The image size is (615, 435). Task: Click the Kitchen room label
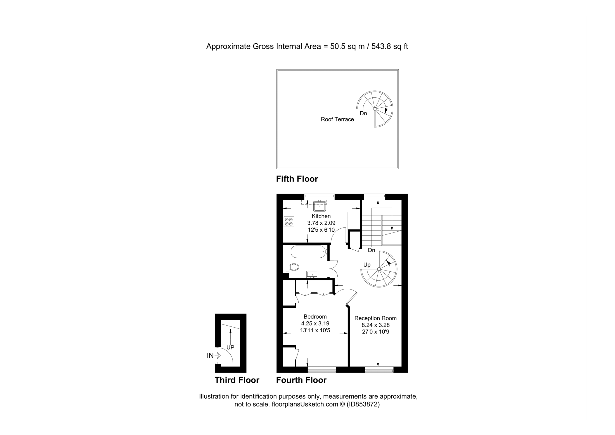321,216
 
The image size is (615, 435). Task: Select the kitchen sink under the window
320,206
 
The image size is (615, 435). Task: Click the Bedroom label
315,316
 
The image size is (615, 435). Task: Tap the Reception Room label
375,318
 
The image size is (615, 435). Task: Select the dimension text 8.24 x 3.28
375,325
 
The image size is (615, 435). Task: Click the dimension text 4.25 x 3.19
315,323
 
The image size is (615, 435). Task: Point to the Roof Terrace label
337,119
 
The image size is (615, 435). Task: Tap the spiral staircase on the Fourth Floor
379,269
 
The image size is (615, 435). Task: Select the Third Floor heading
237,380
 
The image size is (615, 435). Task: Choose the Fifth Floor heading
297,179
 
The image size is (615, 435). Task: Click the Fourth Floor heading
301,380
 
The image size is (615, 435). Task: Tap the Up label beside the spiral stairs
367,265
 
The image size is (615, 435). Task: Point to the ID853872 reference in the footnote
363,405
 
